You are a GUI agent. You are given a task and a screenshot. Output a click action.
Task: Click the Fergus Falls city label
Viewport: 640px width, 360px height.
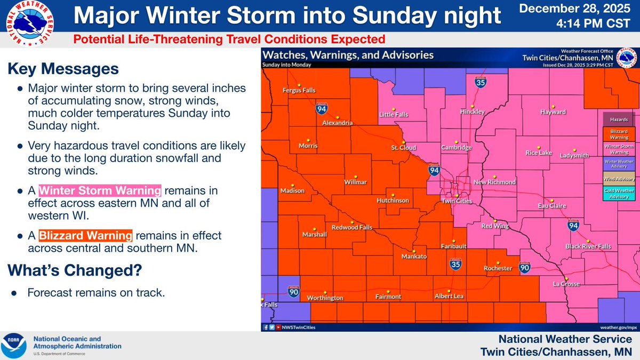[299, 90]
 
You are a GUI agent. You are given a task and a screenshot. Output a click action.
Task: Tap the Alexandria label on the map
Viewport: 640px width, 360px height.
[337, 123]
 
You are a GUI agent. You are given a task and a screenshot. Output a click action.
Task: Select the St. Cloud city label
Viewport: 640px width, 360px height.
[400, 147]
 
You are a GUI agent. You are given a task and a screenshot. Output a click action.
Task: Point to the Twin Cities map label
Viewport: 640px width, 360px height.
[455, 201]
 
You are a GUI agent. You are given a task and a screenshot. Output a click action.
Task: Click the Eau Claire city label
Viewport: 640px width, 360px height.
[552, 205]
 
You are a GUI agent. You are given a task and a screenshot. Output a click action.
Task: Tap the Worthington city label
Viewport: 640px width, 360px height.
[326, 298]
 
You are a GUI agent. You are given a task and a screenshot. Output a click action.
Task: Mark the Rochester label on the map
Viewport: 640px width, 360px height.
[497, 268]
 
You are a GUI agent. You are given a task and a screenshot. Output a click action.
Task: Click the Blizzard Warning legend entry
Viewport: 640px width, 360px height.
[619, 134]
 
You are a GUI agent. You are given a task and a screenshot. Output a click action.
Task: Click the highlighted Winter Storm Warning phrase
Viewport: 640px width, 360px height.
[99, 191]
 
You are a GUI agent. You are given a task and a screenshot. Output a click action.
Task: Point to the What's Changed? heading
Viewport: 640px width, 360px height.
[75, 270]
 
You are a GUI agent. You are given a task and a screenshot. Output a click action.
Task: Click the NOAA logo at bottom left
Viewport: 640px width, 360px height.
[15, 346]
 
